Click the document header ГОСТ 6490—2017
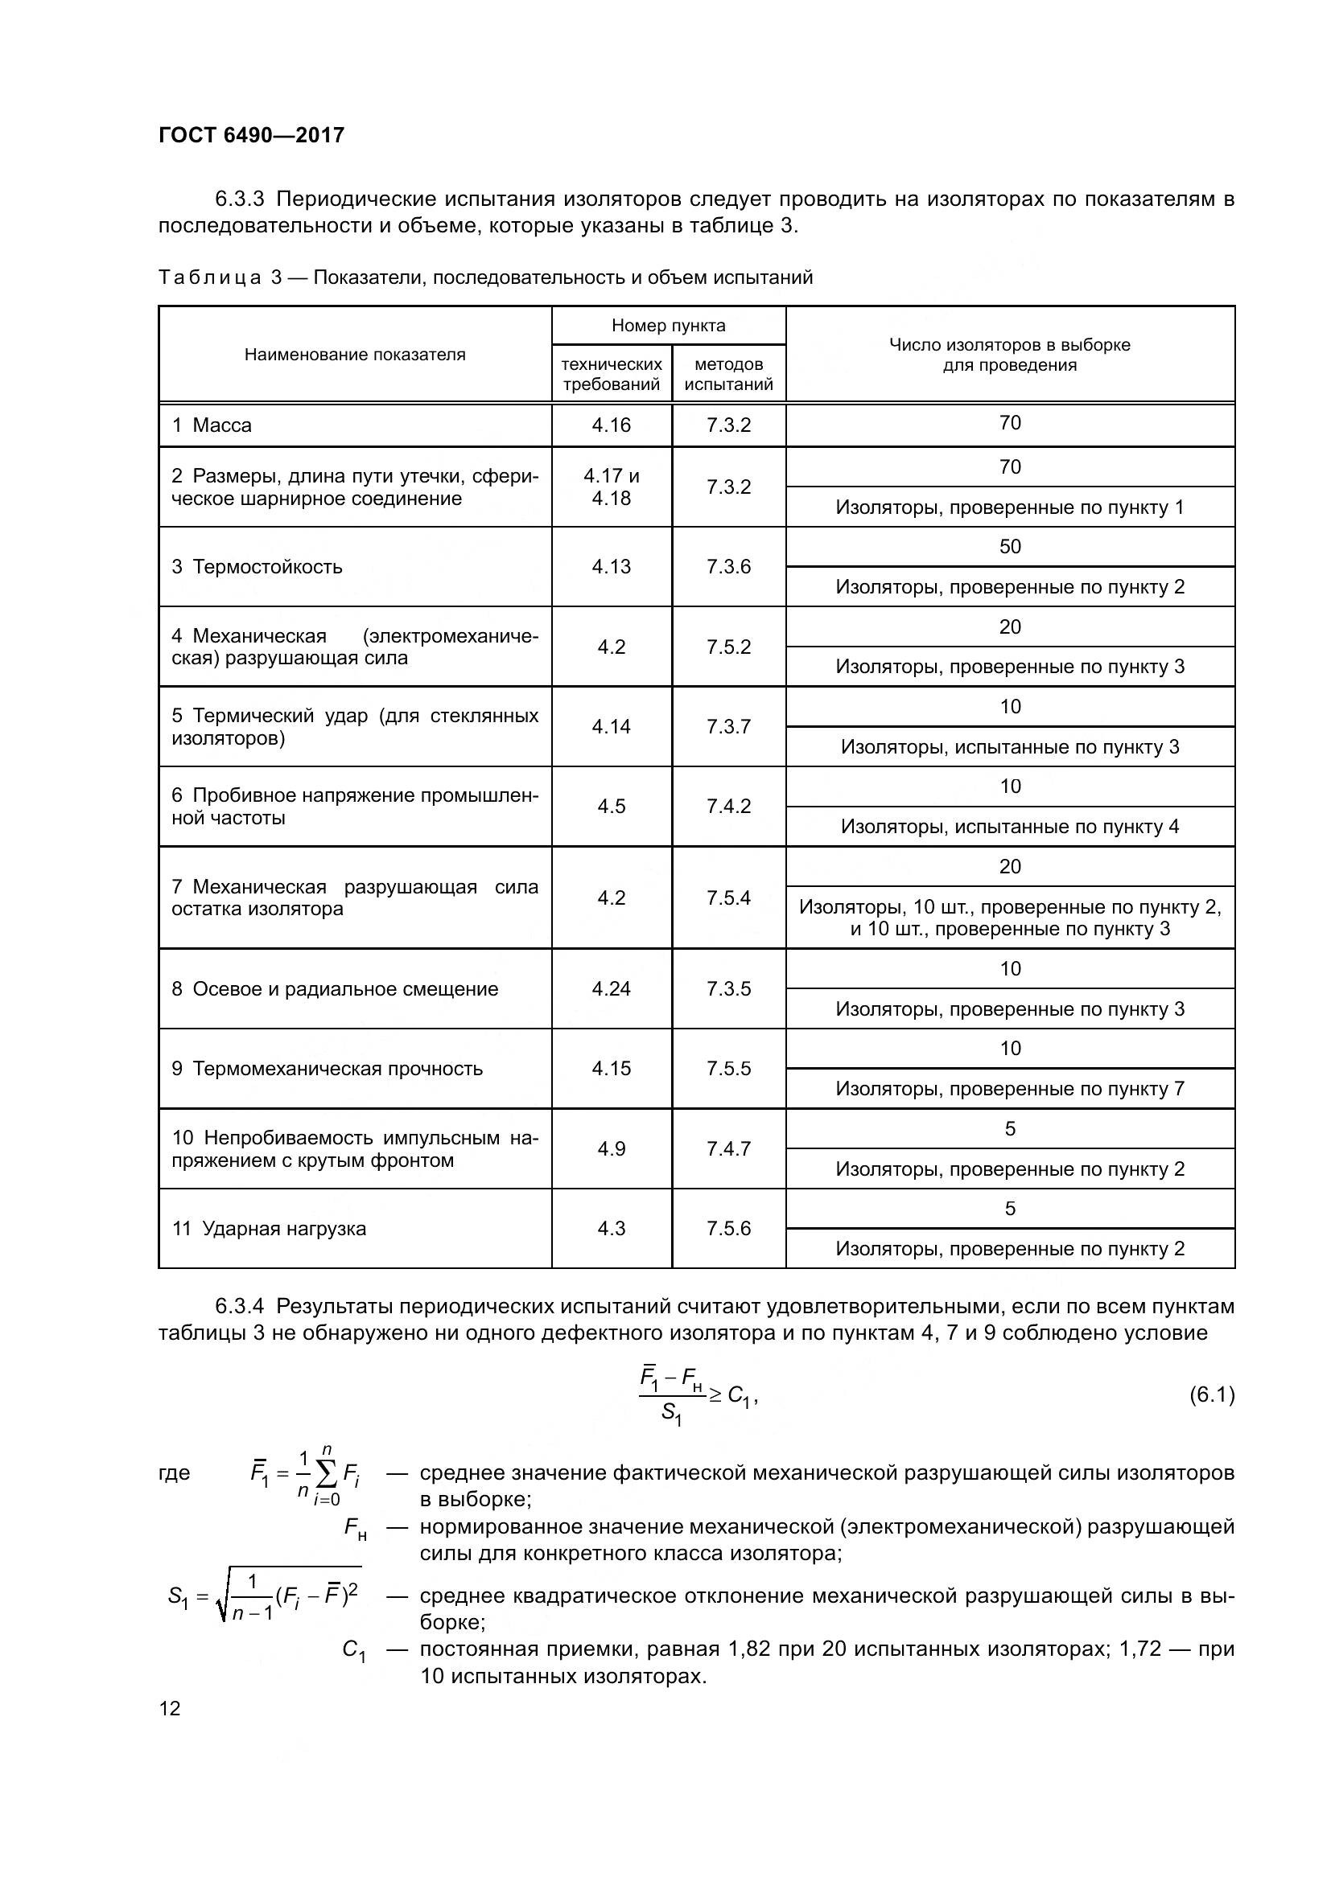(252, 135)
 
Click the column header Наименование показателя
(355, 355)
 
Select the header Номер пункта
(668, 326)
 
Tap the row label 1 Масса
(212, 425)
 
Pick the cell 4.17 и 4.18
(612, 487)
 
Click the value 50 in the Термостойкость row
(1010, 546)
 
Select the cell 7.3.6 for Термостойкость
(728, 567)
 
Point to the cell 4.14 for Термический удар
(612, 727)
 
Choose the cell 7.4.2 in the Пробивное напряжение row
(728, 806)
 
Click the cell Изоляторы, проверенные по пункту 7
(1010, 1089)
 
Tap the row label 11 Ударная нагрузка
(269, 1229)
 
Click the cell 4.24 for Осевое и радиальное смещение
(612, 989)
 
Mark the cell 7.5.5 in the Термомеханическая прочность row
(728, 1069)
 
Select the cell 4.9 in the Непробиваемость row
(612, 1148)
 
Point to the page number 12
(170, 1709)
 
